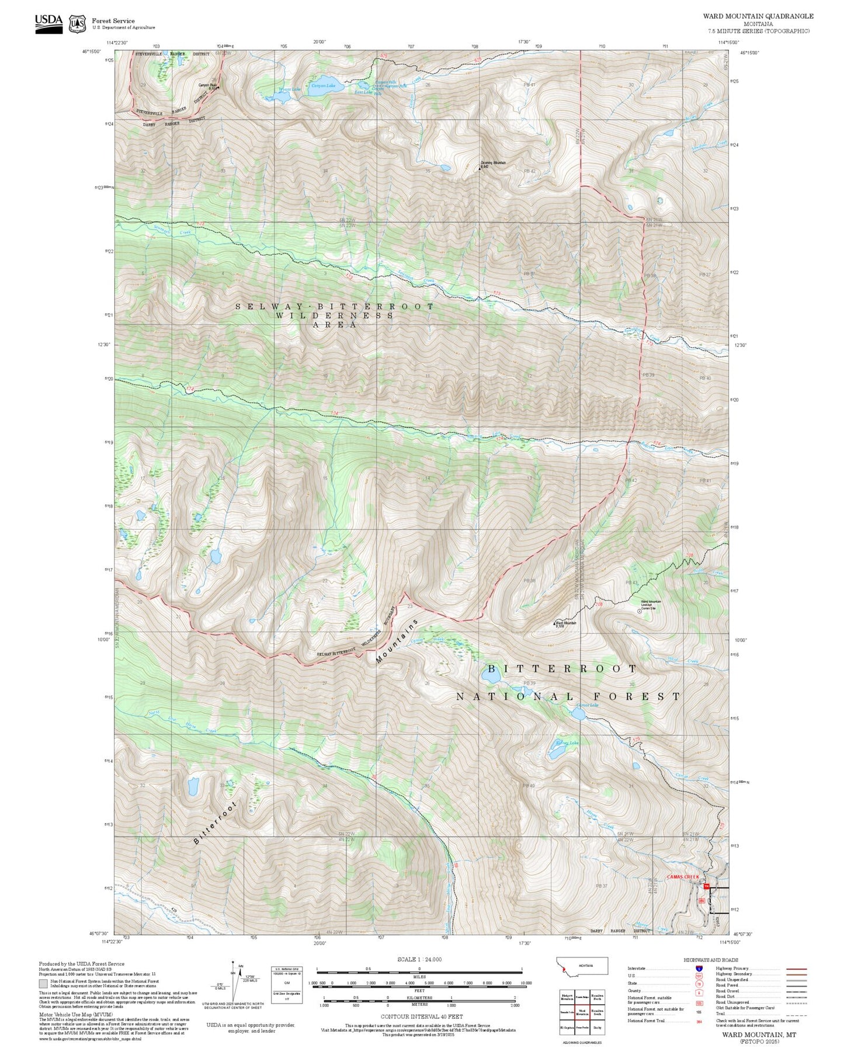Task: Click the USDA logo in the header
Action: coord(48,23)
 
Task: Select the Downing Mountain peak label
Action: coord(493,163)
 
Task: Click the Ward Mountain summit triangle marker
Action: coord(554,624)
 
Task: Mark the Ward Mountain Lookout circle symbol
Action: coord(638,611)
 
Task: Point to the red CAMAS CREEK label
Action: coord(682,877)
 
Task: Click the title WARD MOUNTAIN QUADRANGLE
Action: coord(758,16)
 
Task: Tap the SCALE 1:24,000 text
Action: coord(419,959)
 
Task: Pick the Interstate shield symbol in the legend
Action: coord(699,969)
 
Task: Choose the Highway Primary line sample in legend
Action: coord(796,969)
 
